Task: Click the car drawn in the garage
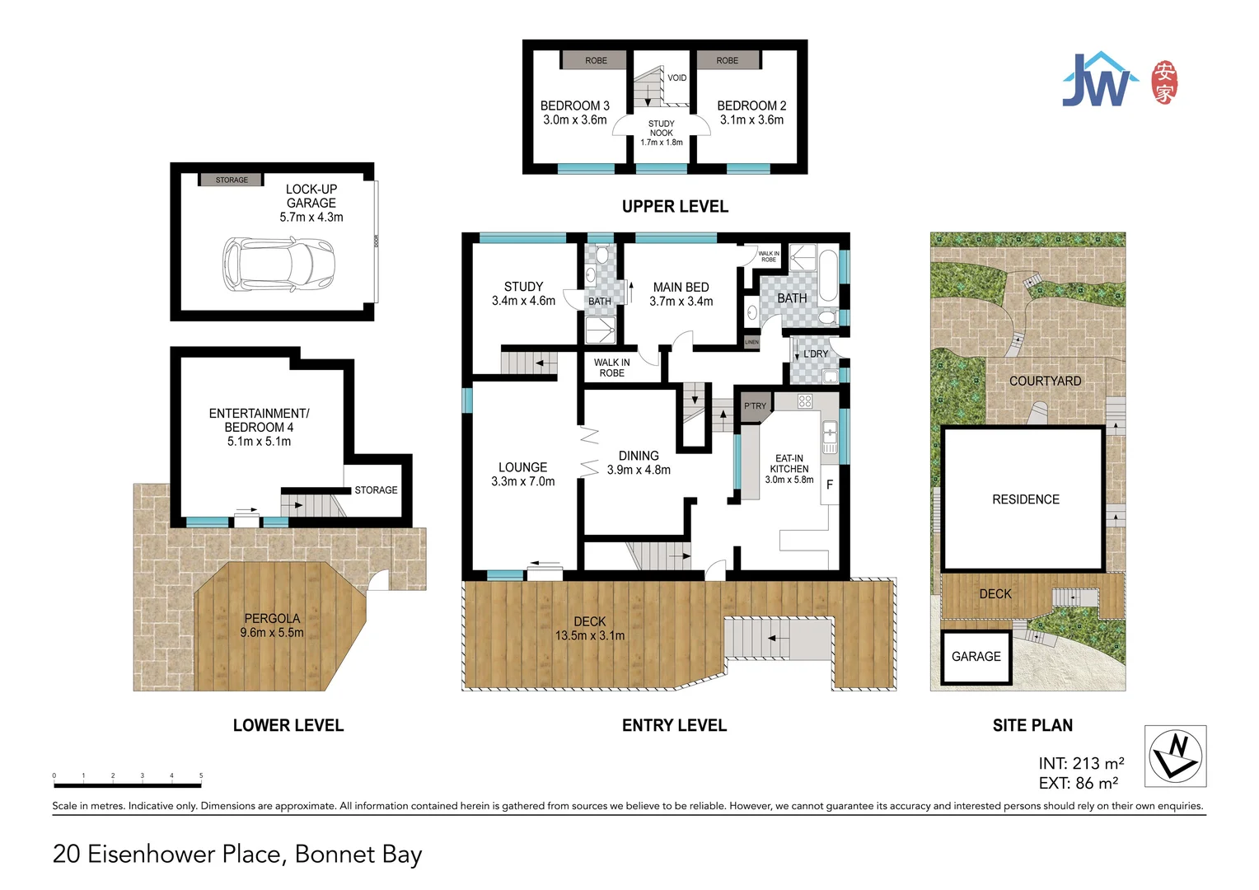[278, 264]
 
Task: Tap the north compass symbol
[1175, 756]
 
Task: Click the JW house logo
[1099, 80]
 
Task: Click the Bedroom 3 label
[574, 105]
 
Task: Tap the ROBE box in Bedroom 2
[727, 60]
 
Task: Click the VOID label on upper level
[676, 78]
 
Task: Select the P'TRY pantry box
[755, 405]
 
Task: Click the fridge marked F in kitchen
[829, 485]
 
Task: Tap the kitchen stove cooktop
[805, 401]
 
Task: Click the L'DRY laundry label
[816, 354]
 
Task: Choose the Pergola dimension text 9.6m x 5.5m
[272, 633]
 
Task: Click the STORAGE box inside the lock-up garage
[232, 180]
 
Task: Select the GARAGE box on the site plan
[976, 657]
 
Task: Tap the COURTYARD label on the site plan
[1045, 381]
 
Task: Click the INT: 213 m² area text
[1081, 763]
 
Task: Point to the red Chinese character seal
[1164, 82]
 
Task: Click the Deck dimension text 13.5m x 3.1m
[590, 635]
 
